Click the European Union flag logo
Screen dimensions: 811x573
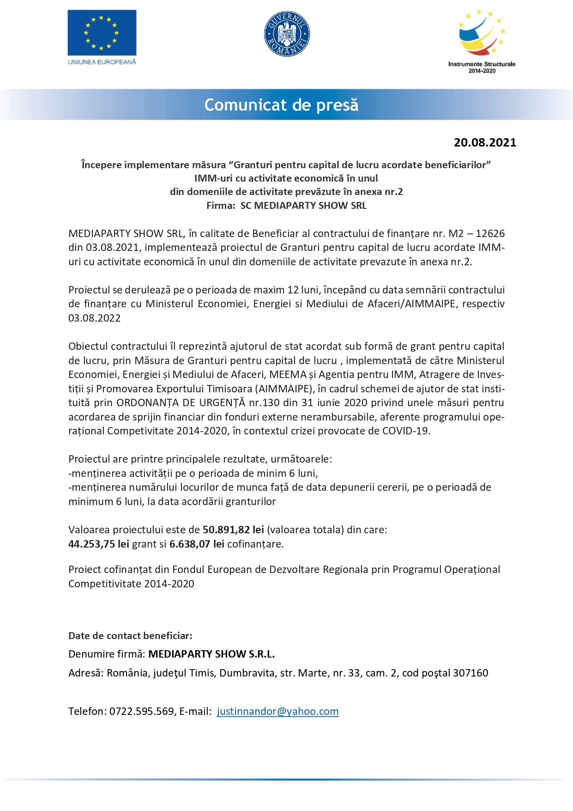coord(102,32)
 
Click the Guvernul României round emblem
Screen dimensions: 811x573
coord(287,34)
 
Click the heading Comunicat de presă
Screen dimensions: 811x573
coord(281,105)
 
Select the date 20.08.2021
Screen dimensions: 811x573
coord(485,142)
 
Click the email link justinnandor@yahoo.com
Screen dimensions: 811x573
coord(277,711)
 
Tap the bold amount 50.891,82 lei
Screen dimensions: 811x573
coord(233,530)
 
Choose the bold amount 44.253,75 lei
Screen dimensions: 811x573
coord(99,544)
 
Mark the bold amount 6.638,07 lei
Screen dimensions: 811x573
coord(197,544)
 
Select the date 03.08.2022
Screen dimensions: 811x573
coord(94,318)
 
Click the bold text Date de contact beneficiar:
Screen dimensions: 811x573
coord(130,635)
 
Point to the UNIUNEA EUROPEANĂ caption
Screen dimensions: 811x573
coord(102,62)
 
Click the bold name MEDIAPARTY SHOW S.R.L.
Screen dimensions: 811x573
coord(211,654)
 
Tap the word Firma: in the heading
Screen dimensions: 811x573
coord(221,206)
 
